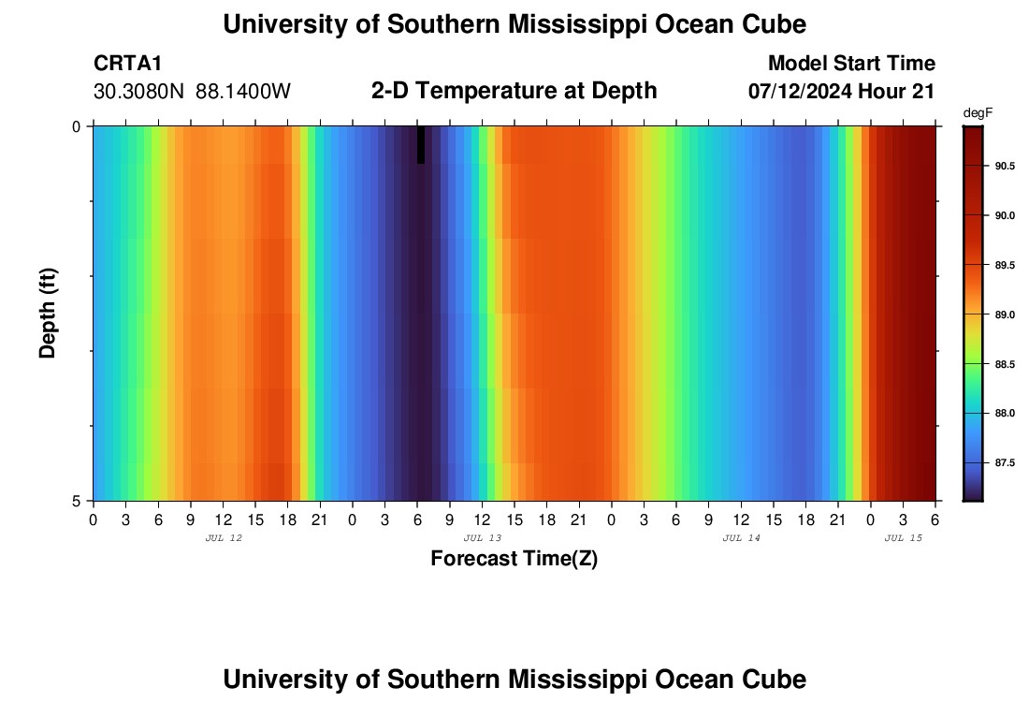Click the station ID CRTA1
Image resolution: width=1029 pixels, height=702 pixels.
coord(128,64)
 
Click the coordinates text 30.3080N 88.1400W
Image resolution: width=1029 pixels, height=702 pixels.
coord(193,91)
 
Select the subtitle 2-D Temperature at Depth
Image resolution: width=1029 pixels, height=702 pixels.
coord(514,91)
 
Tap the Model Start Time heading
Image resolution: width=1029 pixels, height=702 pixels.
coord(851,64)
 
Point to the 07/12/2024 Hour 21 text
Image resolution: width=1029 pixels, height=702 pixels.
coord(842,91)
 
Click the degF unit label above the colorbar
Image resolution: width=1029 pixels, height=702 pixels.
coord(978,112)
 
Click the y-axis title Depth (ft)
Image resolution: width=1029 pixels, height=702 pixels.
coord(49,313)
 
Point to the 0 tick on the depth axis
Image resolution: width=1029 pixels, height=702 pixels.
coord(77,126)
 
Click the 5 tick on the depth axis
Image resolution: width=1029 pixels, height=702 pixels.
coord(77,501)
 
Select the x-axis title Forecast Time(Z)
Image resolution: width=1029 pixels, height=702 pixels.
coord(514,559)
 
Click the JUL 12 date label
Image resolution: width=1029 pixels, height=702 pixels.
coord(223,538)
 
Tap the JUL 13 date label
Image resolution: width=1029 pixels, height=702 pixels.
coord(483,538)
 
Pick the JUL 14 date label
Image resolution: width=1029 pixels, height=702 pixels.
coord(742,538)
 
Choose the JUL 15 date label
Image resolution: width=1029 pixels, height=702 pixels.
coord(904,538)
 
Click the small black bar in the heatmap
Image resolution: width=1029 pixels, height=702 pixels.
coord(421,144)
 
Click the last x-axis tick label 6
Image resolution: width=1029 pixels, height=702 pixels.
coord(935,519)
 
